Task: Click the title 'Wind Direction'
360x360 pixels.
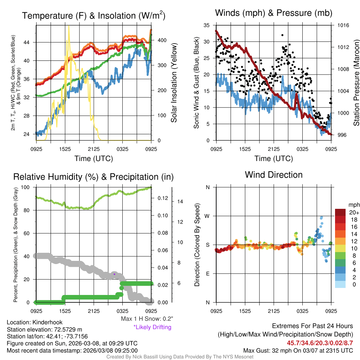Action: [x=274, y=175]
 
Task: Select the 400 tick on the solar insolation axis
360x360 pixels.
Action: [x=161, y=40]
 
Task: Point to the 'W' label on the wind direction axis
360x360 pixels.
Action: [x=208, y=216]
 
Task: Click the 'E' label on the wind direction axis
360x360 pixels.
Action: [x=208, y=274]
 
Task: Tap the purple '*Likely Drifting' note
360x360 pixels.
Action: [x=152, y=327]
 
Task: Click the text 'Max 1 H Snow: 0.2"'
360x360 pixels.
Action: [x=147, y=319]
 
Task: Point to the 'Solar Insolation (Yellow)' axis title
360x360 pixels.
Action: [x=174, y=83]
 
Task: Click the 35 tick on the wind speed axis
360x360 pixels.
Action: [x=206, y=25]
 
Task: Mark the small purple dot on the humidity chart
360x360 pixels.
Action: [x=114, y=274]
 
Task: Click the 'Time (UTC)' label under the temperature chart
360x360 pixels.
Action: [x=94, y=159]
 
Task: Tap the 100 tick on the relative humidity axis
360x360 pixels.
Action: [x=28, y=187]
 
